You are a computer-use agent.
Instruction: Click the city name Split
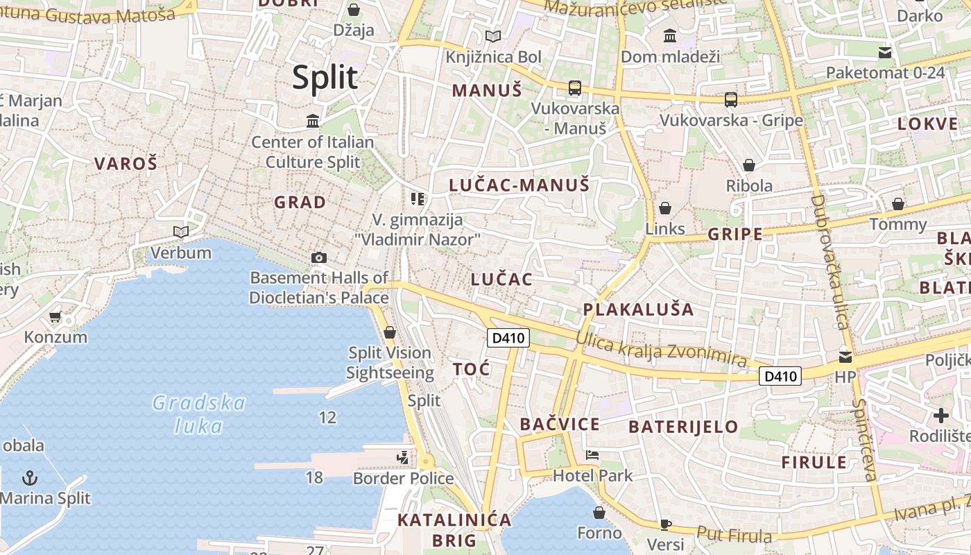(x=325, y=78)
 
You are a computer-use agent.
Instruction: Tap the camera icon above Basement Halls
(x=318, y=257)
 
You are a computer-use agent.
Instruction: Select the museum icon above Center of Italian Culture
(x=313, y=121)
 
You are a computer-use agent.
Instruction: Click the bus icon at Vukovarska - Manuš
(x=574, y=88)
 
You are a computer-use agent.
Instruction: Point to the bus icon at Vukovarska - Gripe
(x=731, y=100)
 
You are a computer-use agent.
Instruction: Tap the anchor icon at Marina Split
(x=30, y=477)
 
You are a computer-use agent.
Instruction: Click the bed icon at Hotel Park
(x=592, y=455)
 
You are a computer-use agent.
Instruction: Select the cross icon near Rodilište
(x=940, y=416)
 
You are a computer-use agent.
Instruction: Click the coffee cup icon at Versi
(x=666, y=524)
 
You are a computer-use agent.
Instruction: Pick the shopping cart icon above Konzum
(x=55, y=317)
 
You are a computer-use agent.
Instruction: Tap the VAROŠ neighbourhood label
(x=126, y=164)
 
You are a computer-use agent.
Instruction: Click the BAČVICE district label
(x=560, y=425)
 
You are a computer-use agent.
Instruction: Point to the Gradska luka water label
(x=199, y=414)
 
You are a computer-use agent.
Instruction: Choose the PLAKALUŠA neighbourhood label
(x=638, y=309)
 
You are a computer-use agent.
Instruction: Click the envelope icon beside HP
(x=845, y=357)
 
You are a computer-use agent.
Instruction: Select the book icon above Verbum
(x=181, y=232)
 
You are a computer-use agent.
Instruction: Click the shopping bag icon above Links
(x=665, y=208)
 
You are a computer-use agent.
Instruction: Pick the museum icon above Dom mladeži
(x=670, y=35)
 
